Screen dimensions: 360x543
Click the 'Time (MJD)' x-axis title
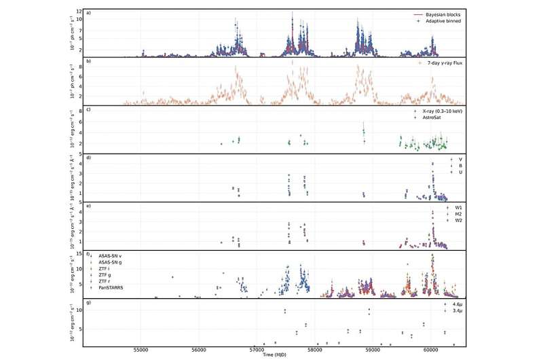coord(274,355)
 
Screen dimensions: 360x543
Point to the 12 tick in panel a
coord(79,12)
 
